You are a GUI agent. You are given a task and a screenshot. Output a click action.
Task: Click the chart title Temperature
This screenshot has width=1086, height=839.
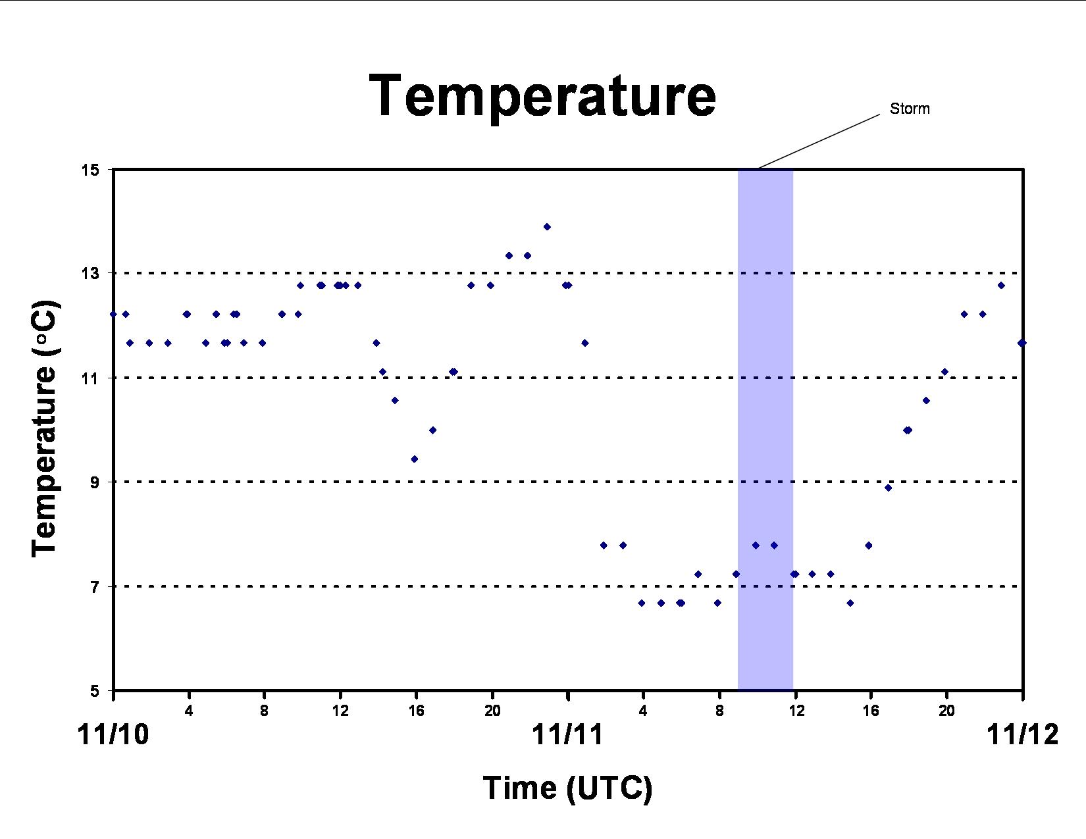542,97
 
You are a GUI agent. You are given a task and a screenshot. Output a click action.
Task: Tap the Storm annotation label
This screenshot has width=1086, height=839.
910,109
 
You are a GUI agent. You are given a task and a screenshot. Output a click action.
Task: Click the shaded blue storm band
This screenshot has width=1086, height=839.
765,430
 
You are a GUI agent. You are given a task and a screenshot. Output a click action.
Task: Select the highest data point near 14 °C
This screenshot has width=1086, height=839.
547,227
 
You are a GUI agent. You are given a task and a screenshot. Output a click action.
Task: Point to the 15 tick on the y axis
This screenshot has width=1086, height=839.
90,170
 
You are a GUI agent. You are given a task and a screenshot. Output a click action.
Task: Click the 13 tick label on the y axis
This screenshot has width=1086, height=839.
90,273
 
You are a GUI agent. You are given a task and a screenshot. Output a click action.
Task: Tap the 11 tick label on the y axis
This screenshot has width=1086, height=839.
90,378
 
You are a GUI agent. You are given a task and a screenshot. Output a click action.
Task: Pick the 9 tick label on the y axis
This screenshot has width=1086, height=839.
95,482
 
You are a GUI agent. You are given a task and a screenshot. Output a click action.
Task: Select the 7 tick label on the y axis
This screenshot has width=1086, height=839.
95,586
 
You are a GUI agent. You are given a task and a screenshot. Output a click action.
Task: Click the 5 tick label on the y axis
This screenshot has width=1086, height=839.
95,690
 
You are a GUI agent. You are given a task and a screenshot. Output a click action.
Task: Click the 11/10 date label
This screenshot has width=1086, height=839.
113,735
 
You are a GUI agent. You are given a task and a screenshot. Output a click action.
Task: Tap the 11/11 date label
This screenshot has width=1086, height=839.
567,735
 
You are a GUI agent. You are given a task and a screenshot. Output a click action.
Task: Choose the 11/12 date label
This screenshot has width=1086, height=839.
1023,735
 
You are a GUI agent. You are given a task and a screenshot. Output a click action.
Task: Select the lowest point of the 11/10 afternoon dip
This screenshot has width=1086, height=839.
414,459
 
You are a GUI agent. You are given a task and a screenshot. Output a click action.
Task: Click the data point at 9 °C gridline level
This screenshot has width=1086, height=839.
888,488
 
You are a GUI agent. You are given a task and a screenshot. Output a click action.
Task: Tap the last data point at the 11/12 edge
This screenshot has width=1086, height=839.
1022,343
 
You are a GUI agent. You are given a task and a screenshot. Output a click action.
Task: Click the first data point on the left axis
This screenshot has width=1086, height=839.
113,315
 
